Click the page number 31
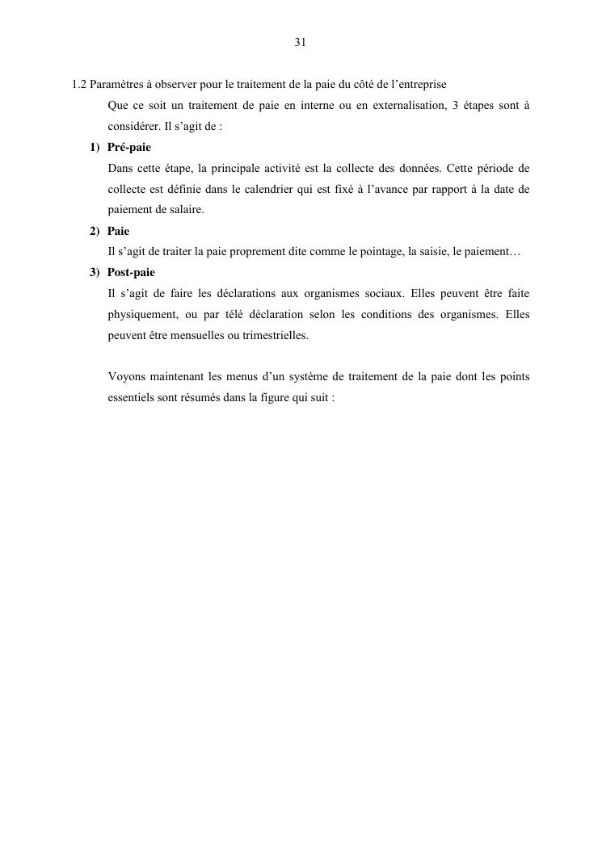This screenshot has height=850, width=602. pyautogui.click(x=300, y=43)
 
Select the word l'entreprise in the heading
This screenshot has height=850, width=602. pyautogui.click(x=416, y=84)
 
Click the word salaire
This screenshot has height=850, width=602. pyautogui.click(x=184, y=210)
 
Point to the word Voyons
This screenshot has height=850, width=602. pyautogui.click(x=126, y=377)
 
